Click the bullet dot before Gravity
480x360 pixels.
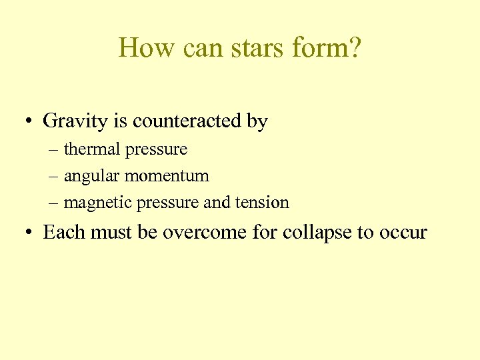click(29, 122)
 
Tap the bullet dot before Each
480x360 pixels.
click(29, 233)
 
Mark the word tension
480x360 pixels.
click(263, 203)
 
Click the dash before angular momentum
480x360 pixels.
click(53, 177)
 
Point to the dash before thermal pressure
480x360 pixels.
click(53, 150)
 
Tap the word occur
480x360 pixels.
click(402, 233)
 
